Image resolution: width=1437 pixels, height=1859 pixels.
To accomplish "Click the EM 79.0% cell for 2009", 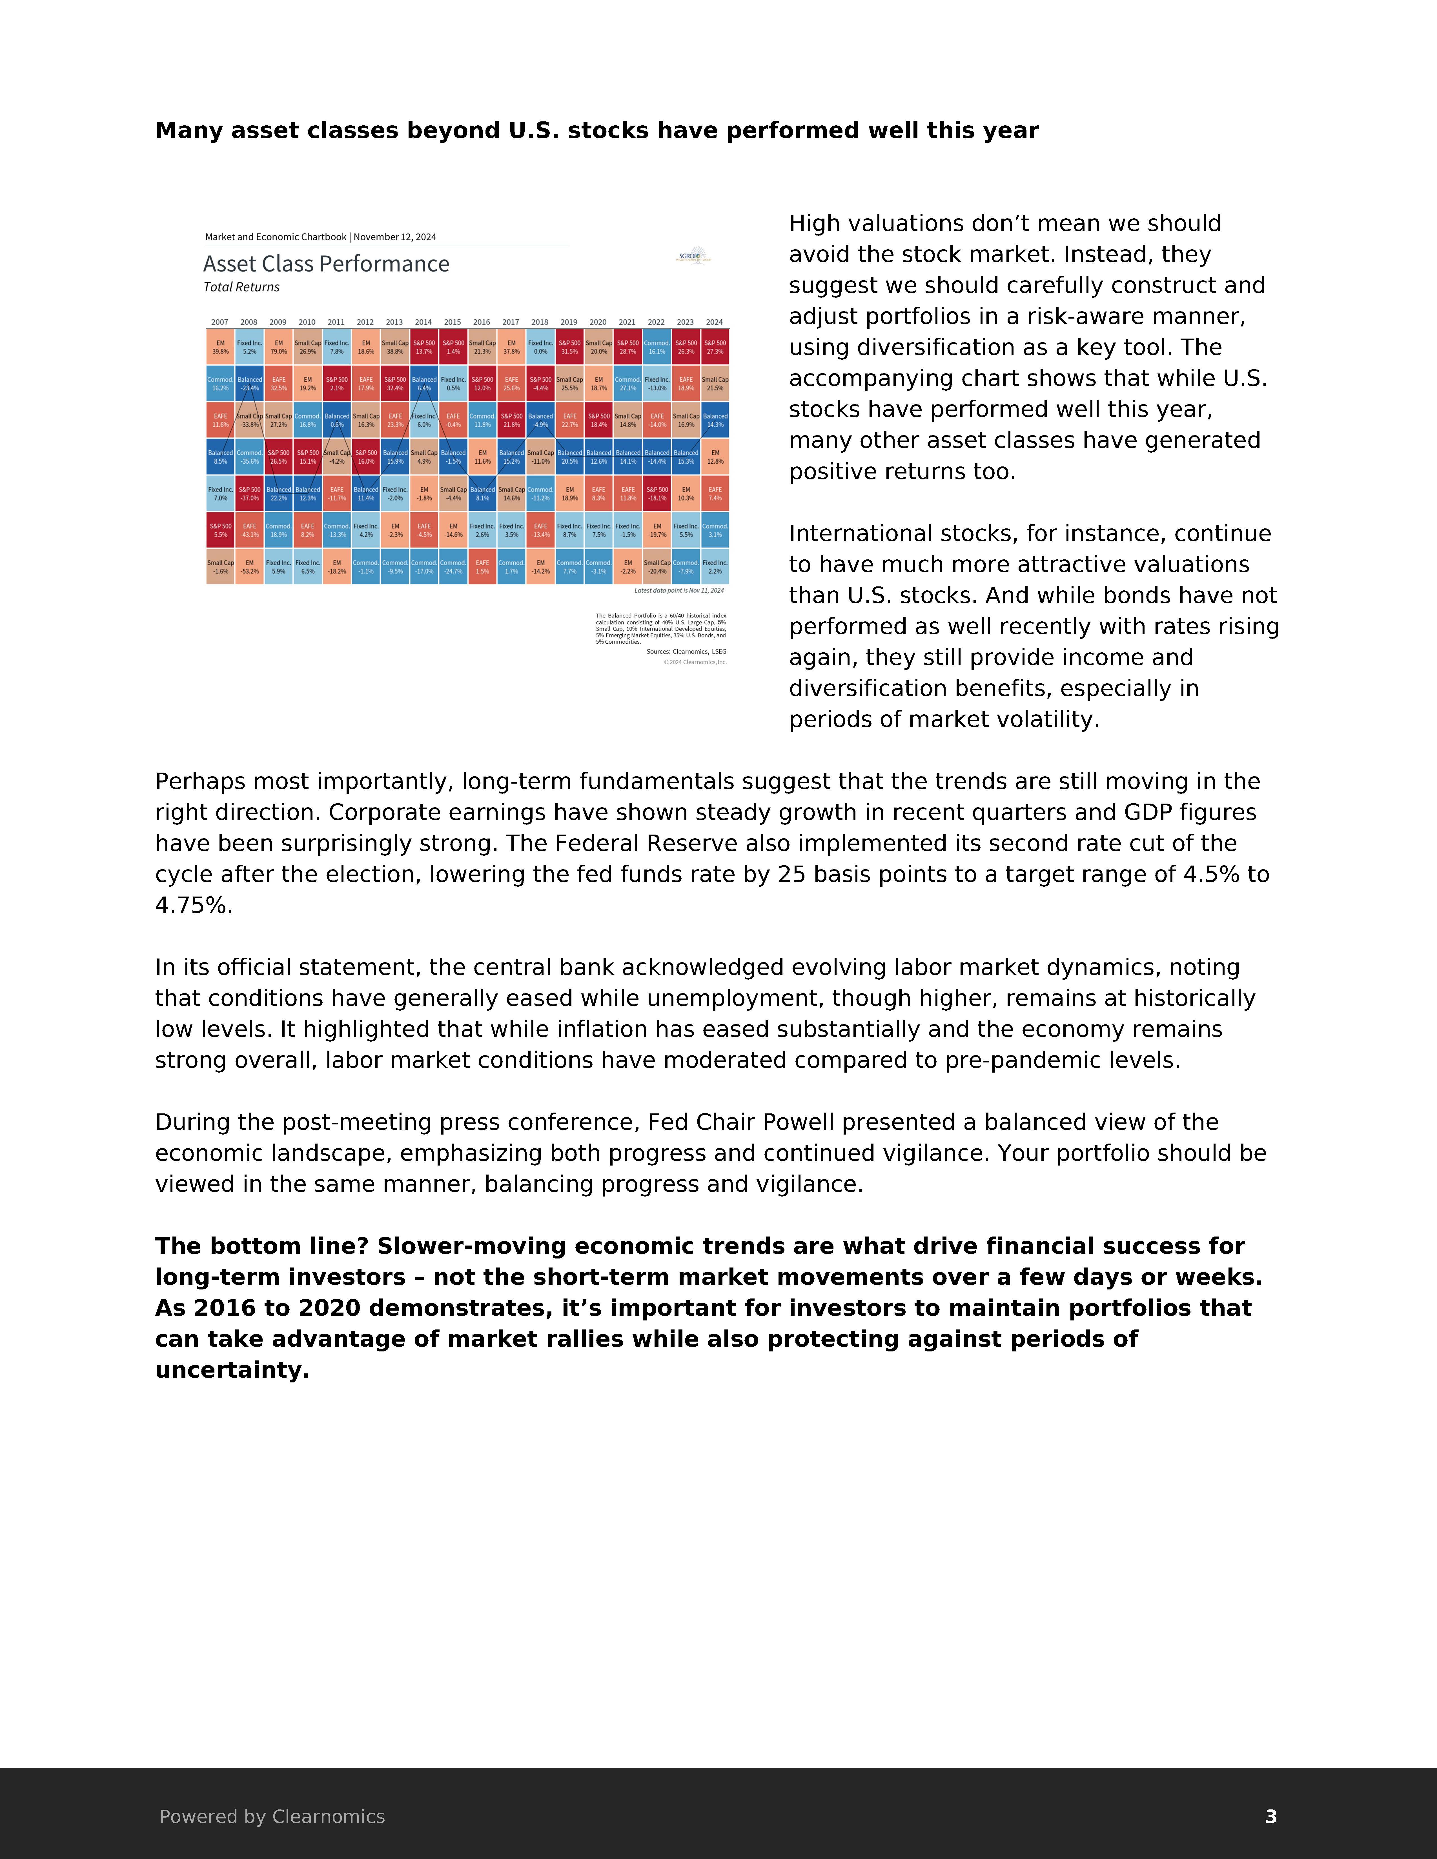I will pos(278,347).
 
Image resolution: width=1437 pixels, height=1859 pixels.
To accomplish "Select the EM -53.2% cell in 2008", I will pos(249,567).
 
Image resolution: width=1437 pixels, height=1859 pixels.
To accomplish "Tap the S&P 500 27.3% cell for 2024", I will pos(715,347).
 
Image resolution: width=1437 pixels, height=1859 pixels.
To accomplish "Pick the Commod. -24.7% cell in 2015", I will pos(453,567).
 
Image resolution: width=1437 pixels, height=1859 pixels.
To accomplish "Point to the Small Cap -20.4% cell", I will pos(656,567).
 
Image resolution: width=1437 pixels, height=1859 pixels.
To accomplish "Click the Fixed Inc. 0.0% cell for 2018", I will pos(540,347).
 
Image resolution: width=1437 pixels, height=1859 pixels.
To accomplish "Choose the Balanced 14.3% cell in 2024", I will pos(715,421).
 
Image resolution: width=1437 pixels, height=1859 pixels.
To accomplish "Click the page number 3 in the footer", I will pos(1270,1816).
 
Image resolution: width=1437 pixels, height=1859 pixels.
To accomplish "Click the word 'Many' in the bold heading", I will pos(189,131).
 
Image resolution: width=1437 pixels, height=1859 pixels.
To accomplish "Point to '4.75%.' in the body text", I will pos(193,906).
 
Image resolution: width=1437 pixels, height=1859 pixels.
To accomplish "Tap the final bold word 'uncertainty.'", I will pos(232,1370).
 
